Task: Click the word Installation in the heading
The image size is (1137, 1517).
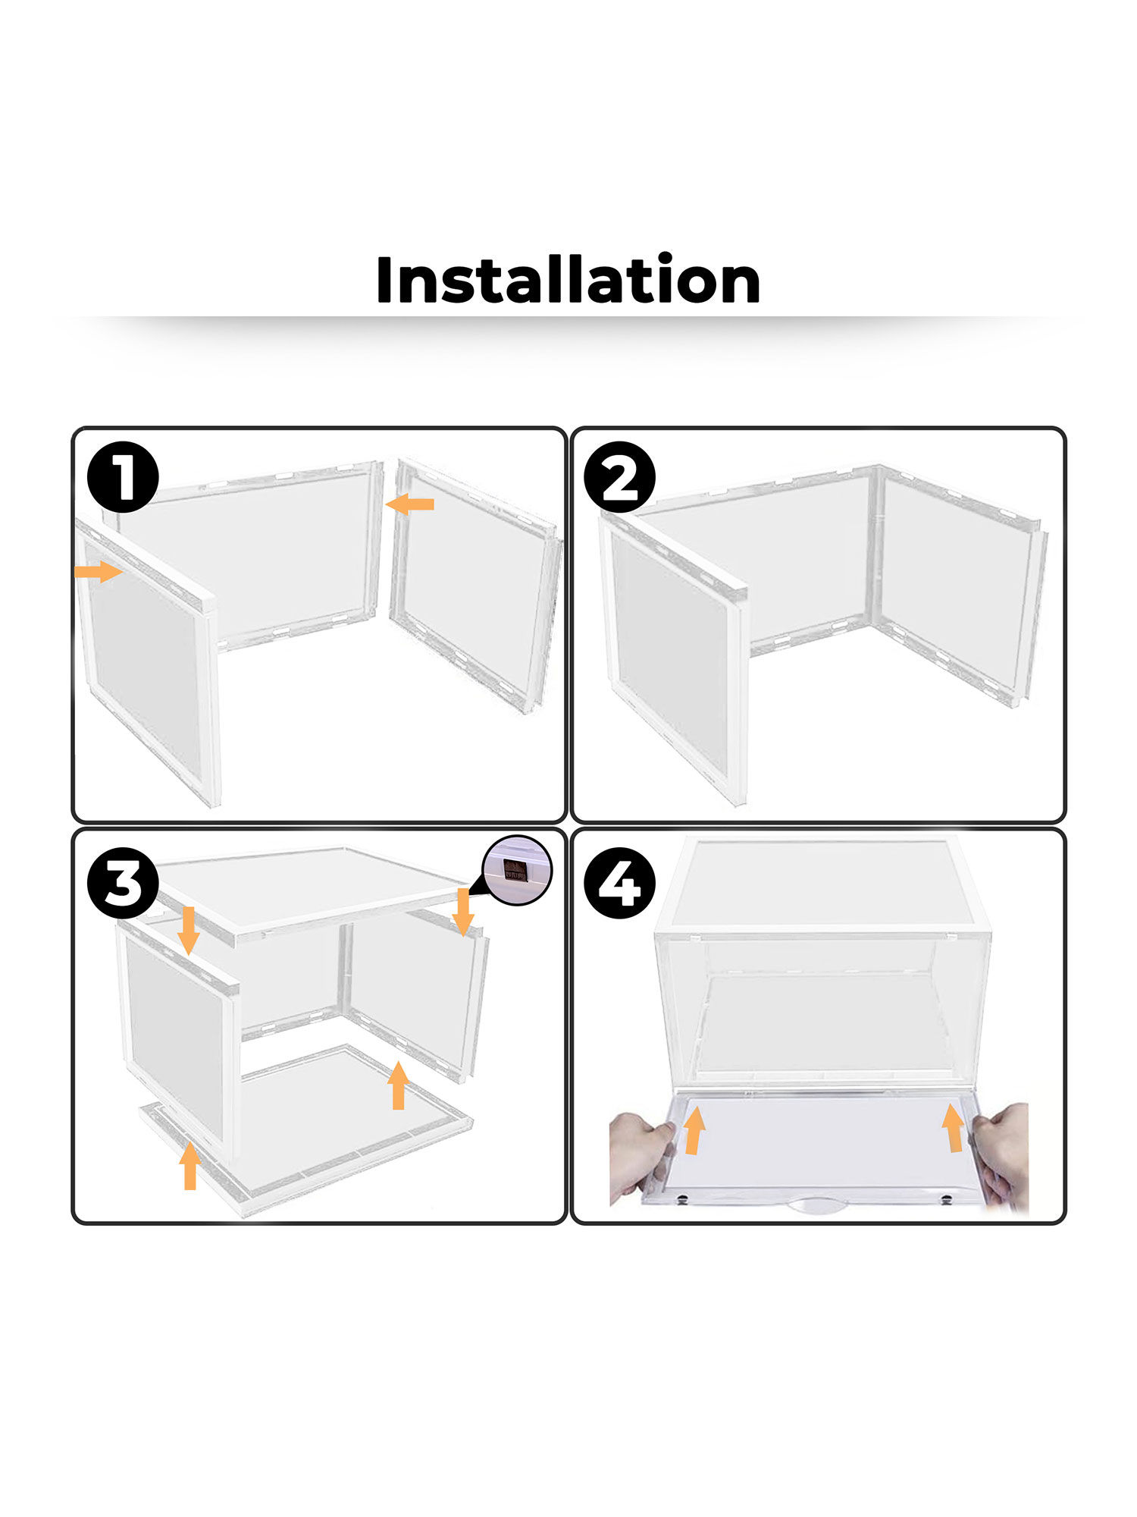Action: pyautogui.click(x=568, y=280)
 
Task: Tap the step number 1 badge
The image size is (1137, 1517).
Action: pyautogui.click(x=123, y=477)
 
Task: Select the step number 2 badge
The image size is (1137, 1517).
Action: pyautogui.click(x=620, y=477)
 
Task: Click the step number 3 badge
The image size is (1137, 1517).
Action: pyautogui.click(x=123, y=883)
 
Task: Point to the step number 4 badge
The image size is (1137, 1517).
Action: pyautogui.click(x=620, y=883)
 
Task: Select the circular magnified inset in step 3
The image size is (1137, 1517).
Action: pyautogui.click(x=518, y=871)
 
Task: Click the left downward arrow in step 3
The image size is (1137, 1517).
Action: pyautogui.click(x=189, y=930)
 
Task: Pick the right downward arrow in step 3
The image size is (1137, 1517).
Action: pyautogui.click(x=463, y=912)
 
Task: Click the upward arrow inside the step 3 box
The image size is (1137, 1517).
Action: pyautogui.click(x=398, y=1085)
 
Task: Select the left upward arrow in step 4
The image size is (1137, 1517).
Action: pyautogui.click(x=694, y=1129)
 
